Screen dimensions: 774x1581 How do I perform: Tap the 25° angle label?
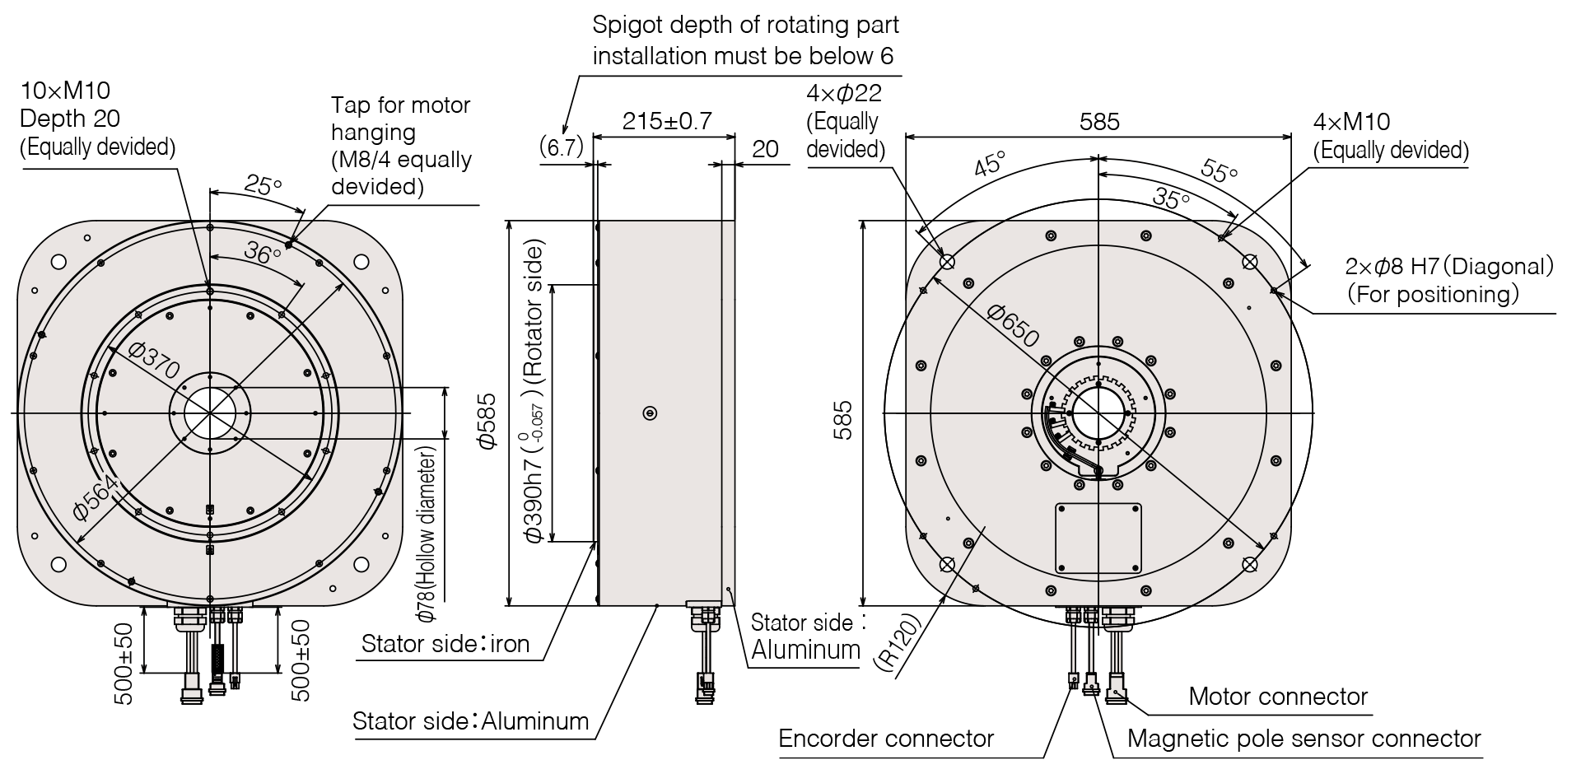[263, 185]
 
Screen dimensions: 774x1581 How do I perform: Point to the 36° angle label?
[263, 254]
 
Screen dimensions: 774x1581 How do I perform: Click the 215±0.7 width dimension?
[666, 121]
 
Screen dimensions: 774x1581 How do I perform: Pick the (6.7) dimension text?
[561, 147]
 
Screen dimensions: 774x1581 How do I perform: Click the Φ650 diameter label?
[1013, 324]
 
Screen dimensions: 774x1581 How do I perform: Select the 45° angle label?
[990, 164]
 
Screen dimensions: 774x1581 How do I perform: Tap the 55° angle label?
[1220, 170]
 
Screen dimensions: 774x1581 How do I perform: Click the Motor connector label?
[1278, 697]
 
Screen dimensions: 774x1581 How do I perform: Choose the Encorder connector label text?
[886, 739]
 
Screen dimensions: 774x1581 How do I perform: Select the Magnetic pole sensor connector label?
[1304, 739]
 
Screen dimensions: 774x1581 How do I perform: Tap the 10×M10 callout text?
[65, 91]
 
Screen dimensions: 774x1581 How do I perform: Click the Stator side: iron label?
[445, 643]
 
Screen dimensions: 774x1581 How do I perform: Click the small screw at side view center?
[650, 413]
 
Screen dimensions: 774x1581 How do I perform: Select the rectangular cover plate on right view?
[1098, 538]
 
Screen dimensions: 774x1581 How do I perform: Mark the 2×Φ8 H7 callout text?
[1449, 266]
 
